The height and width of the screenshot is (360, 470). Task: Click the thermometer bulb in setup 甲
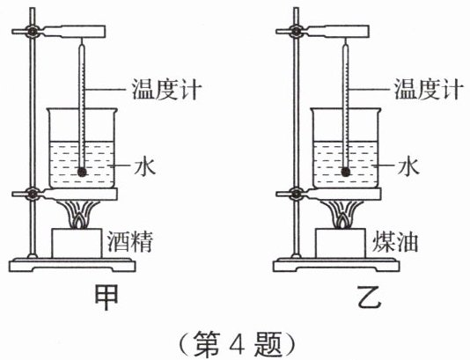pyautogui.click(x=82, y=172)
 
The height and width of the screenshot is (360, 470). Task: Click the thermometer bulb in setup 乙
pyautogui.click(x=346, y=172)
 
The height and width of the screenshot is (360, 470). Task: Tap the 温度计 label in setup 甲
pyautogui.click(x=166, y=89)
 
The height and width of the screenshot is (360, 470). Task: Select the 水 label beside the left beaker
pyautogui.click(x=145, y=165)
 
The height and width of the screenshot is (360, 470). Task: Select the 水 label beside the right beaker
pyautogui.click(x=408, y=165)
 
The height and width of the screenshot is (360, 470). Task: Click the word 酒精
pyautogui.click(x=130, y=242)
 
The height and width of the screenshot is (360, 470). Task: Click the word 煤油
pyautogui.click(x=394, y=242)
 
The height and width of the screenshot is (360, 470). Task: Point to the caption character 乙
pyautogui.click(x=370, y=297)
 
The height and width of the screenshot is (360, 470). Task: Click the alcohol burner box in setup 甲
pyautogui.click(x=77, y=243)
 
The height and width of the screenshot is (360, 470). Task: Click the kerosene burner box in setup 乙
pyautogui.click(x=341, y=243)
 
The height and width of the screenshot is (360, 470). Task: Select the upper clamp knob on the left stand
pyautogui.click(x=32, y=31)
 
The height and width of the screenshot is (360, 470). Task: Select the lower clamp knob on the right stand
pyautogui.click(x=296, y=194)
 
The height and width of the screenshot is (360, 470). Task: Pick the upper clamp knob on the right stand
pyautogui.click(x=296, y=31)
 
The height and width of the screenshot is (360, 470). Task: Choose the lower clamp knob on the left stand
pyautogui.click(x=32, y=194)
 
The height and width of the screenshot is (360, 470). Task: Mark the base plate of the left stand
pyautogui.click(x=72, y=265)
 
